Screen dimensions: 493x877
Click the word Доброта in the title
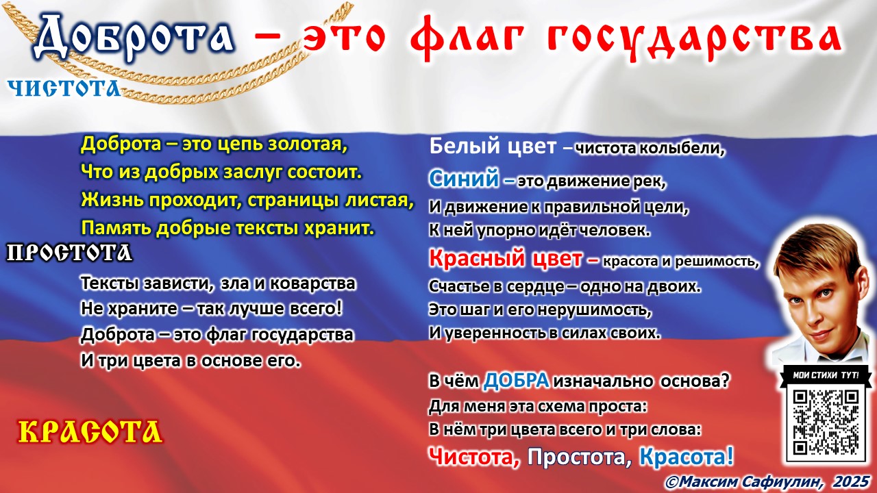(x=134, y=38)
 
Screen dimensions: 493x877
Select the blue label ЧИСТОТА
(x=64, y=88)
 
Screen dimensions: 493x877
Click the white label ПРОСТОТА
(x=69, y=253)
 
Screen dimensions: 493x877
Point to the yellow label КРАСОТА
(x=90, y=431)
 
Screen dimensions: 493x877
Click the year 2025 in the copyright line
(x=852, y=481)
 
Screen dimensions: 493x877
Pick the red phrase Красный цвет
(x=506, y=259)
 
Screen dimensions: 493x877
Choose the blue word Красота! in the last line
(x=686, y=455)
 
